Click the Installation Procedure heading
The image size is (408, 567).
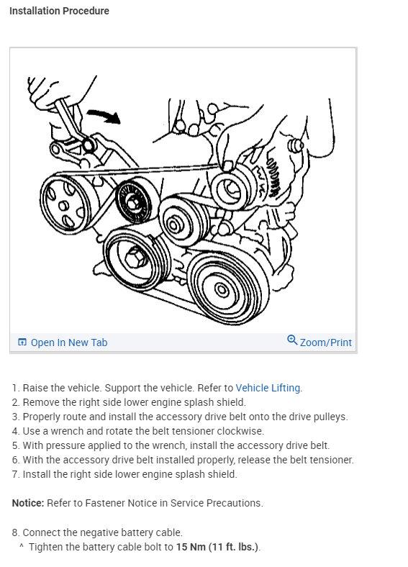59,11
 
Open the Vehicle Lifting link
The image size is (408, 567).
268,388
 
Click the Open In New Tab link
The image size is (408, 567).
69,343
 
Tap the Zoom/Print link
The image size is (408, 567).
325,343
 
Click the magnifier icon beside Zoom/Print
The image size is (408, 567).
292,340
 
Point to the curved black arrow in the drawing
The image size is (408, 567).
104,116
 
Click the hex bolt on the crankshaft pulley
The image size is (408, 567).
135,258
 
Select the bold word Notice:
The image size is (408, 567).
28,503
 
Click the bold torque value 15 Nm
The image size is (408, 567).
191,547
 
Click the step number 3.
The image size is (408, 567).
15,417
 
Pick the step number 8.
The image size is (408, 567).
15,532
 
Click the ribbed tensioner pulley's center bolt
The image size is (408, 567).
132,202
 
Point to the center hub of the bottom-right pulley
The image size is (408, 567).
222,290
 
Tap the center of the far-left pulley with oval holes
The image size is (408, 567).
64,206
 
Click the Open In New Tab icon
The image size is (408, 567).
22,342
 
